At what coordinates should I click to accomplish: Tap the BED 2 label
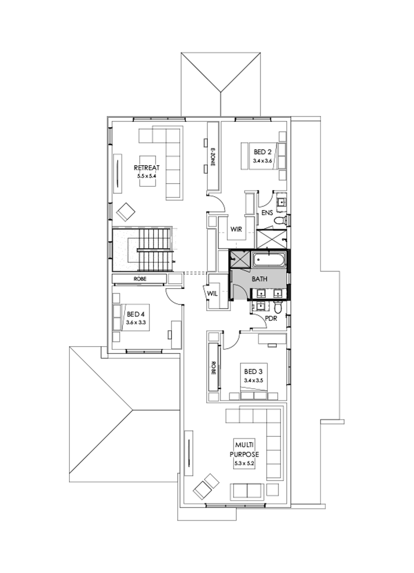click(x=263, y=152)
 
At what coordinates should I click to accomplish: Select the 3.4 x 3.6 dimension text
click(x=263, y=161)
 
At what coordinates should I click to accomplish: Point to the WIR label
click(x=236, y=228)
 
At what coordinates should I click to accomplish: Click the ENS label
click(x=268, y=213)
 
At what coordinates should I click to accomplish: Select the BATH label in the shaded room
click(x=258, y=279)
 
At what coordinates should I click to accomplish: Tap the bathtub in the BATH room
click(x=269, y=260)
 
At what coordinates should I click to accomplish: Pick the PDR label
click(x=271, y=318)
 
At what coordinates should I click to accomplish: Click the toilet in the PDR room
click(x=277, y=307)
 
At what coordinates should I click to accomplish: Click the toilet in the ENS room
click(x=280, y=221)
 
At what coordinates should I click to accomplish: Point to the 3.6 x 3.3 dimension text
click(x=136, y=323)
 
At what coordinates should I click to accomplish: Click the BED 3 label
click(x=253, y=371)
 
